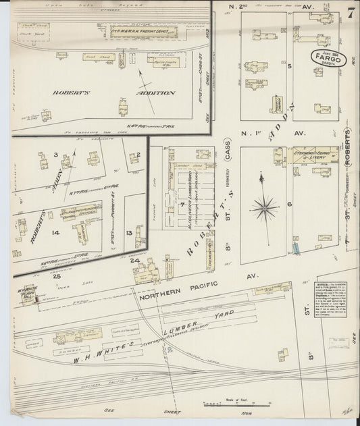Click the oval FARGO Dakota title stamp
329,59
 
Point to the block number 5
288,67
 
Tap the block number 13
129,232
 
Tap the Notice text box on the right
332,296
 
